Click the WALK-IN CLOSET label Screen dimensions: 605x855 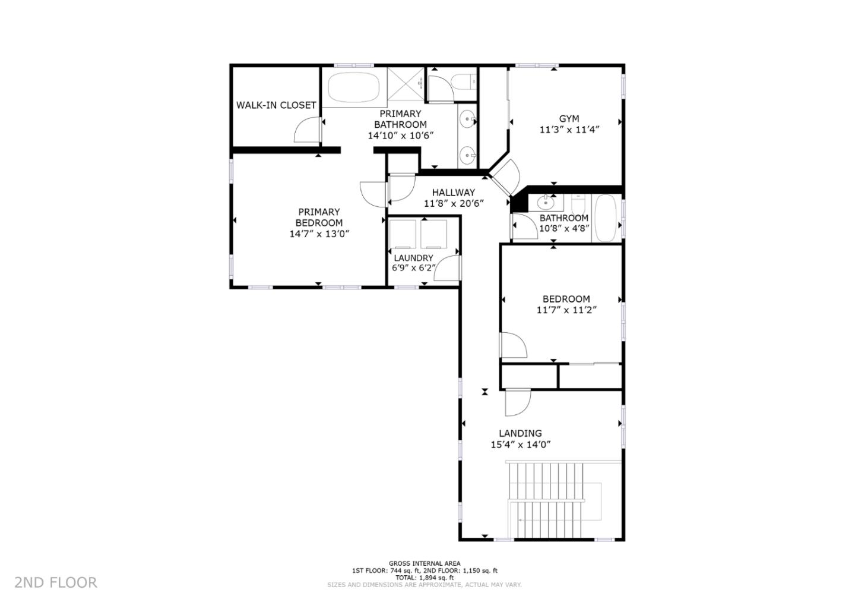(x=276, y=105)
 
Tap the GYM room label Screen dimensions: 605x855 (x=568, y=119)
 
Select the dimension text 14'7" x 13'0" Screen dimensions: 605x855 (x=319, y=234)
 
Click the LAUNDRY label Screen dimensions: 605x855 (x=413, y=258)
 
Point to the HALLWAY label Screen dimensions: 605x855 (x=453, y=193)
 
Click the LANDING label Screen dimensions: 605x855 (x=520, y=433)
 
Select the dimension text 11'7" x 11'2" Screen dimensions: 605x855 (x=566, y=310)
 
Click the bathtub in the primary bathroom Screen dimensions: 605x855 (x=354, y=88)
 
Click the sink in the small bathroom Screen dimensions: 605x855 (x=546, y=203)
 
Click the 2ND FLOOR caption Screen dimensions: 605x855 (x=56, y=582)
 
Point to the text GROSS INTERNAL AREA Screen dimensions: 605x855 (x=425, y=563)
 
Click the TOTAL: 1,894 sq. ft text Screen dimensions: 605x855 (x=425, y=577)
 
